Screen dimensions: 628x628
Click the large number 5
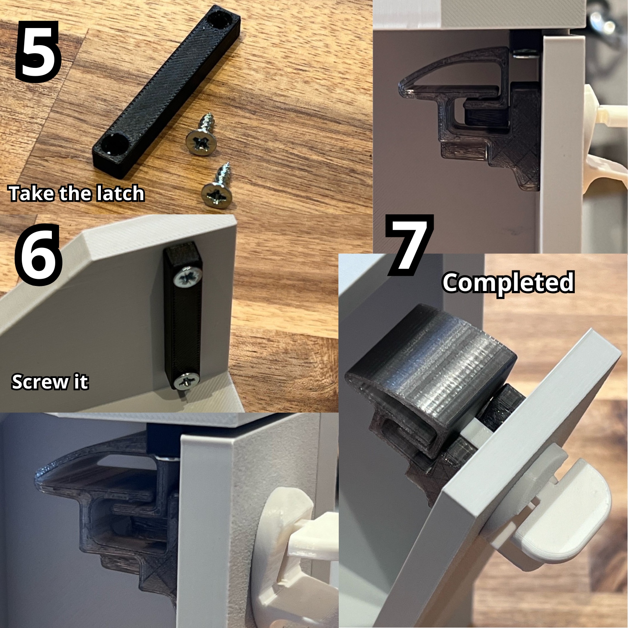[38, 51]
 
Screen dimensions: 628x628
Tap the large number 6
[38, 255]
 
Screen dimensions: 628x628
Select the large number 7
[408, 245]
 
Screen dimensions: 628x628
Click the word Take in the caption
[32, 193]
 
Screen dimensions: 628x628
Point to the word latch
[120, 193]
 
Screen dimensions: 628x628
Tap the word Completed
[508, 282]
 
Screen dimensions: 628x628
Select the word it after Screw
[81, 382]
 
